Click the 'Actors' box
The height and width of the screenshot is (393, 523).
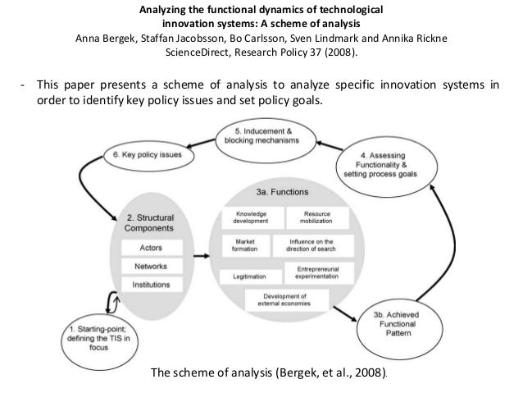point(144,247)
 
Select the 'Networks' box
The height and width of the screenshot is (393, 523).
point(144,267)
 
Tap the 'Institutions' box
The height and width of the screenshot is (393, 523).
point(144,286)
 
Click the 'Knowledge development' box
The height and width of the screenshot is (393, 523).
point(249,217)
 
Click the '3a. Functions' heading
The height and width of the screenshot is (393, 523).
point(280,191)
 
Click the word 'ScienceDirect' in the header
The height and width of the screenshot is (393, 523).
point(198,53)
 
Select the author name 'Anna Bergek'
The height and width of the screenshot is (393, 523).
point(105,39)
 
